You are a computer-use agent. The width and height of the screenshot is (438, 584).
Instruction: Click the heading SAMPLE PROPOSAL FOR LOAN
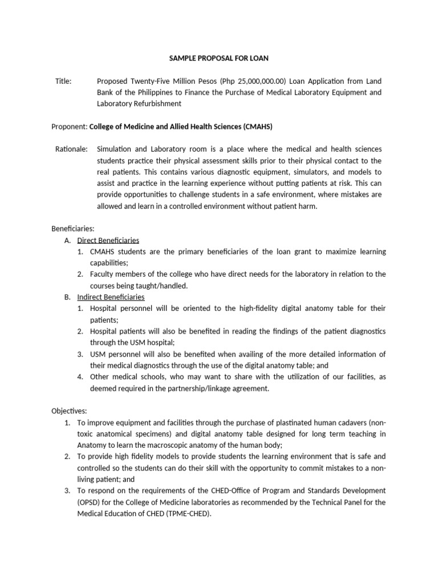point(219,58)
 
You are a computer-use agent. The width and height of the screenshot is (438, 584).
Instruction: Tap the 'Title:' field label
point(63,81)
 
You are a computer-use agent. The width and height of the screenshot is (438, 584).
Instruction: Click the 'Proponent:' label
point(70,127)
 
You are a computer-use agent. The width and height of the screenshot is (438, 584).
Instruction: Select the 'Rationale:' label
point(71,149)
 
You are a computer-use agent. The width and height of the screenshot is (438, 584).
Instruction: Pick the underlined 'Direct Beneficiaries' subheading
point(108,240)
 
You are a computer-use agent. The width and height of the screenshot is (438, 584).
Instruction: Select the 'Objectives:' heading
point(68,411)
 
